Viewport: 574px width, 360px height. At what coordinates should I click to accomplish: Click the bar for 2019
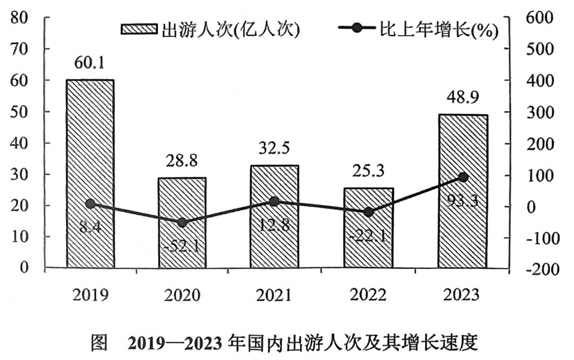pos(90,173)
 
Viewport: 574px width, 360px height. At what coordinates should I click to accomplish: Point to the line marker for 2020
pos(182,223)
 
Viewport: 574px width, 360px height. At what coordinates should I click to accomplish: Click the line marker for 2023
pos(463,177)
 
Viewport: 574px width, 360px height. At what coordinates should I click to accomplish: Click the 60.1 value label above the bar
pos(90,64)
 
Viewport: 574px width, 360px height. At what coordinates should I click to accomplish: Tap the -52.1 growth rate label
pos(182,245)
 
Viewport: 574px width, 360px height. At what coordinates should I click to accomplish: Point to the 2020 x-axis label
pos(182,295)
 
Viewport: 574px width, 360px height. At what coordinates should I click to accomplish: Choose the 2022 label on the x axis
pos(368,295)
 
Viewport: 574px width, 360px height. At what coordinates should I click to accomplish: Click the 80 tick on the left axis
pos(21,18)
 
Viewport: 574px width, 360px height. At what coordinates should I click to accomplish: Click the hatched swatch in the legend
pos(139,30)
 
